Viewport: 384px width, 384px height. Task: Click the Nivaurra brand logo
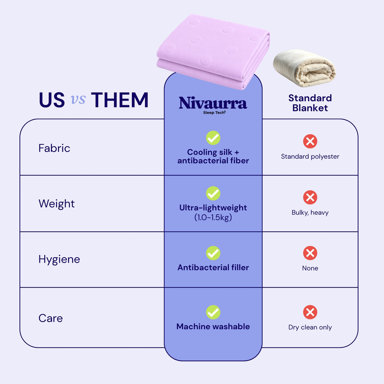tap(213, 105)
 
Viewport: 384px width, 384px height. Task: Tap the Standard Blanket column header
tap(310, 103)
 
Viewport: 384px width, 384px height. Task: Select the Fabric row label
tap(54, 148)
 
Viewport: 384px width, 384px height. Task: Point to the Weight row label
tap(57, 204)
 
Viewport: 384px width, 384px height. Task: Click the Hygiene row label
tap(59, 260)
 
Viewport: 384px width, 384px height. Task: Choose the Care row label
tap(51, 318)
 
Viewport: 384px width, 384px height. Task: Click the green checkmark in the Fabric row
tap(213, 138)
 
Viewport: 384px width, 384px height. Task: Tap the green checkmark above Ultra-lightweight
tap(213, 193)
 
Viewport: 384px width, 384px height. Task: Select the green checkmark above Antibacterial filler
tap(213, 253)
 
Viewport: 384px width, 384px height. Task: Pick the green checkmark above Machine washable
tap(213, 312)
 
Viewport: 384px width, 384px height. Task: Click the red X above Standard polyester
tap(310, 141)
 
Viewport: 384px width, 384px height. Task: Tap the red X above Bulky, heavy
tap(310, 197)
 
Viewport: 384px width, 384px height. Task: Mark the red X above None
tap(310, 253)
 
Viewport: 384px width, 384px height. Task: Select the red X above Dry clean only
tap(310, 312)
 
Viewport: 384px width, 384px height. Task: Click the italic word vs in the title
tap(78, 100)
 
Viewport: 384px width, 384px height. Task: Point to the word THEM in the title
tap(120, 100)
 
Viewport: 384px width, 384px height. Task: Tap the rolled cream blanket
tap(305, 68)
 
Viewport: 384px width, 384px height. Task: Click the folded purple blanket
tap(213, 52)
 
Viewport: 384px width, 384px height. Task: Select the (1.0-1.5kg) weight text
tap(213, 217)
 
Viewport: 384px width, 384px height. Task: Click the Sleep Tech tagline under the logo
tap(214, 113)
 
